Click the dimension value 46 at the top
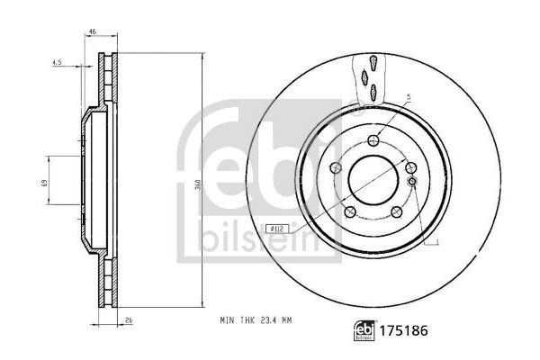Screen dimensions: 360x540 point(94,31)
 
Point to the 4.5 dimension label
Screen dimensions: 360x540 point(57,63)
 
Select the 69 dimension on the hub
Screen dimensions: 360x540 point(42,183)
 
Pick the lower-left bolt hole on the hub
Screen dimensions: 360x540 point(348,212)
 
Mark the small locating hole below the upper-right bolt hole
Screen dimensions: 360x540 point(411,183)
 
